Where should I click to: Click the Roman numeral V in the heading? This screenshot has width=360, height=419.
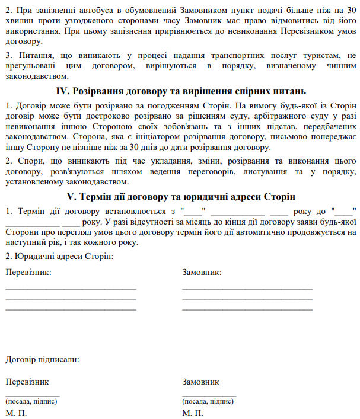(72, 197)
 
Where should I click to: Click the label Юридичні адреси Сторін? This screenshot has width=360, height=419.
(59, 256)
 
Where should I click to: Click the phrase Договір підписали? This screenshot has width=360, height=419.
(42, 359)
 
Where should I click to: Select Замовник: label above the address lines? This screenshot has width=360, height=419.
(202, 273)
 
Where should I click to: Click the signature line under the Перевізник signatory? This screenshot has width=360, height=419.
(32, 395)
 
